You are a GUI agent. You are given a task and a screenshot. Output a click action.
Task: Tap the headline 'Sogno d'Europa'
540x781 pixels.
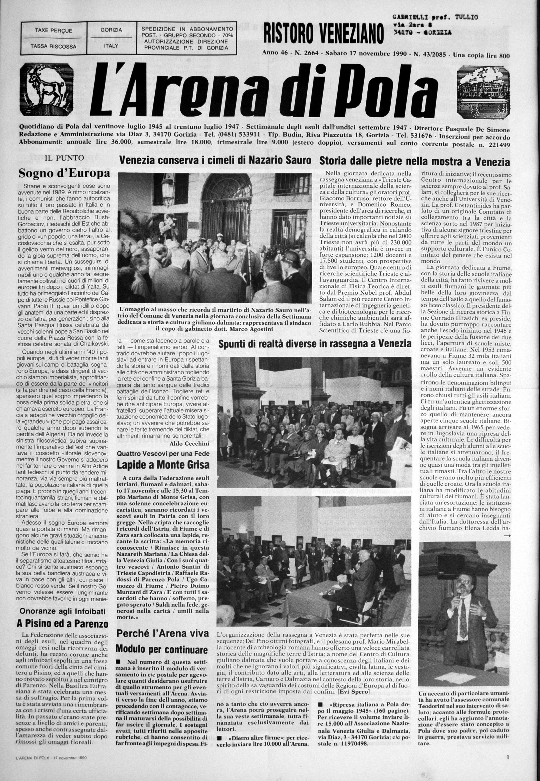(64, 174)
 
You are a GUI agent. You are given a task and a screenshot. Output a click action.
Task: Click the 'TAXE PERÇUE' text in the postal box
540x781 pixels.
(53, 31)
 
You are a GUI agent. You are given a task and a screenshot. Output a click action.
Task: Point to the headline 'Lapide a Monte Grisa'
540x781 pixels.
(163, 464)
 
